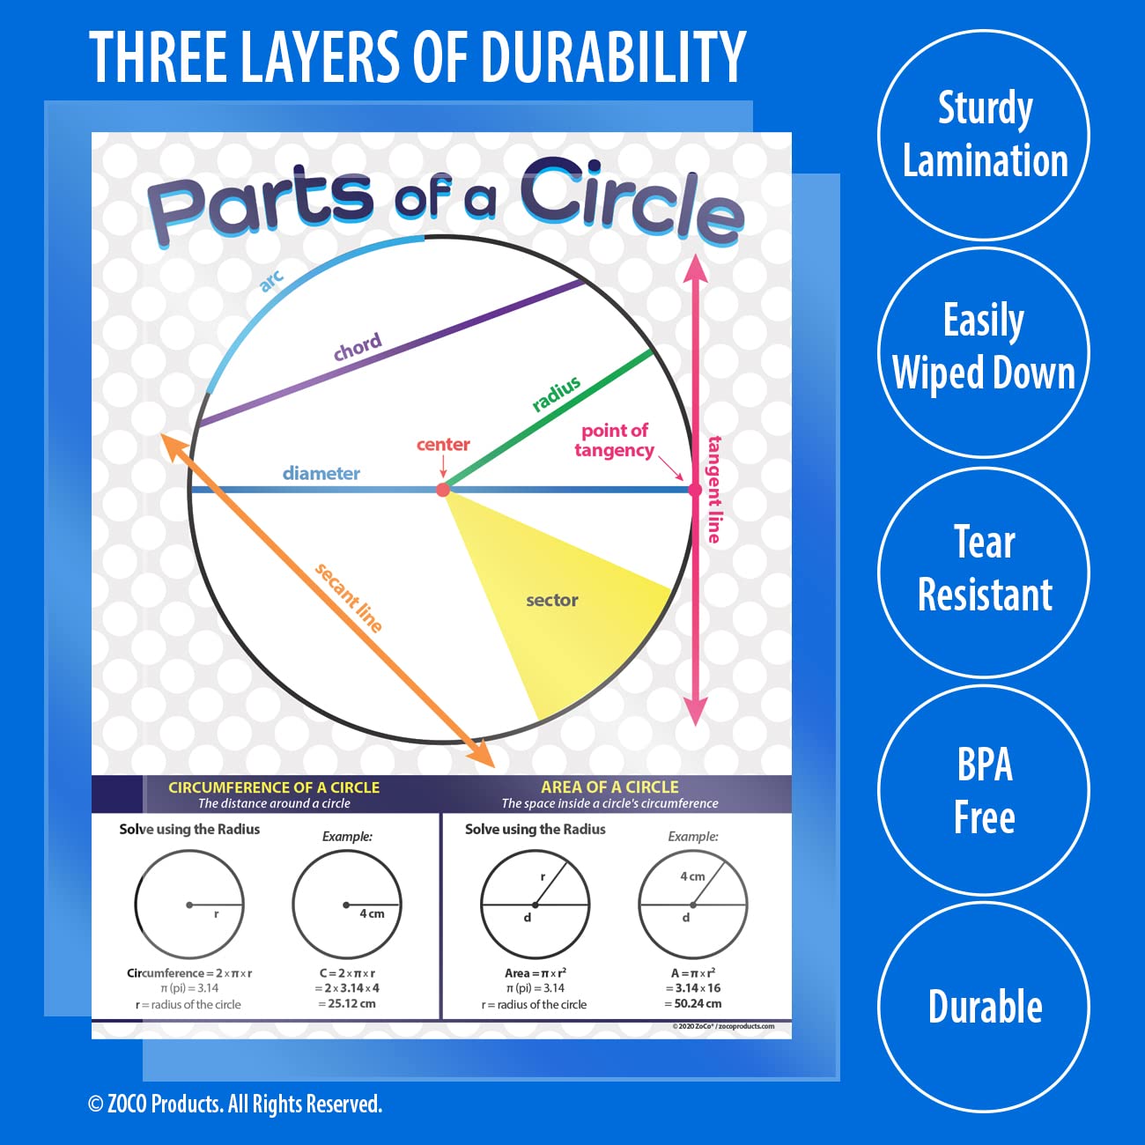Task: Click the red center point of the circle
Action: click(x=443, y=490)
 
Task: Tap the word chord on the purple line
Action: click(x=358, y=348)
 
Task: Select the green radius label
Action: click(x=557, y=394)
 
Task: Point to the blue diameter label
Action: click(x=321, y=473)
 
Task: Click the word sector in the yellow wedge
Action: click(x=551, y=601)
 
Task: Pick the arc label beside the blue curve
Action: click(x=271, y=280)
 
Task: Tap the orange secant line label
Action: click(x=349, y=598)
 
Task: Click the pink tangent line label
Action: click(x=714, y=489)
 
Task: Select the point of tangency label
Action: click(x=614, y=440)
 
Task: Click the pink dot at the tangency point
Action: click(x=695, y=490)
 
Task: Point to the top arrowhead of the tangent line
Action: click(x=696, y=265)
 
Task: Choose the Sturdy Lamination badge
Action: click(x=984, y=135)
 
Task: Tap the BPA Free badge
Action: click(x=984, y=790)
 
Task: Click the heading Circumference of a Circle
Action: click(x=274, y=787)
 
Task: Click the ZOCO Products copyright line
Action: click(x=235, y=1104)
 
